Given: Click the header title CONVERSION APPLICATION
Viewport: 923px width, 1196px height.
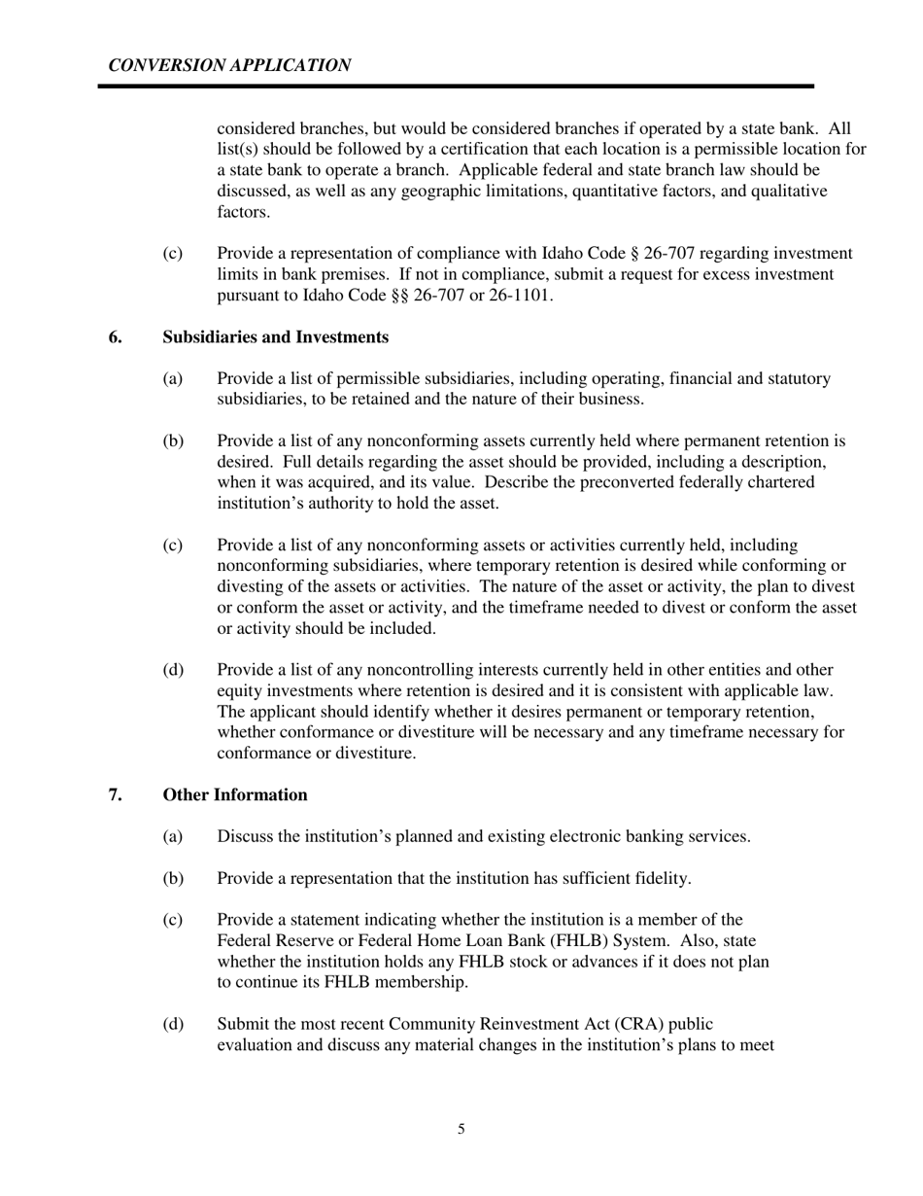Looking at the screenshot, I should pyautogui.click(x=229, y=65).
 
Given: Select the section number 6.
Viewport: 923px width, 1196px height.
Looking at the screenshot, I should pyautogui.click(x=116, y=337).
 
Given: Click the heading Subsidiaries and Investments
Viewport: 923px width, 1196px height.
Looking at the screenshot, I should pyautogui.click(x=276, y=337).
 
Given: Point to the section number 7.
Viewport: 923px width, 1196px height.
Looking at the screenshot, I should pyautogui.click(x=116, y=795).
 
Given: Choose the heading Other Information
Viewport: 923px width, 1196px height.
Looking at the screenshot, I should pyautogui.click(x=235, y=795).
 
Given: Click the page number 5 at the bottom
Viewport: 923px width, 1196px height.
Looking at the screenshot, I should pyautogui.click(x=461, y=1129).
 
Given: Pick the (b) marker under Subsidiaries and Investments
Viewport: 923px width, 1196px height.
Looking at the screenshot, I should pyautogui.click(x=173, y=441).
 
